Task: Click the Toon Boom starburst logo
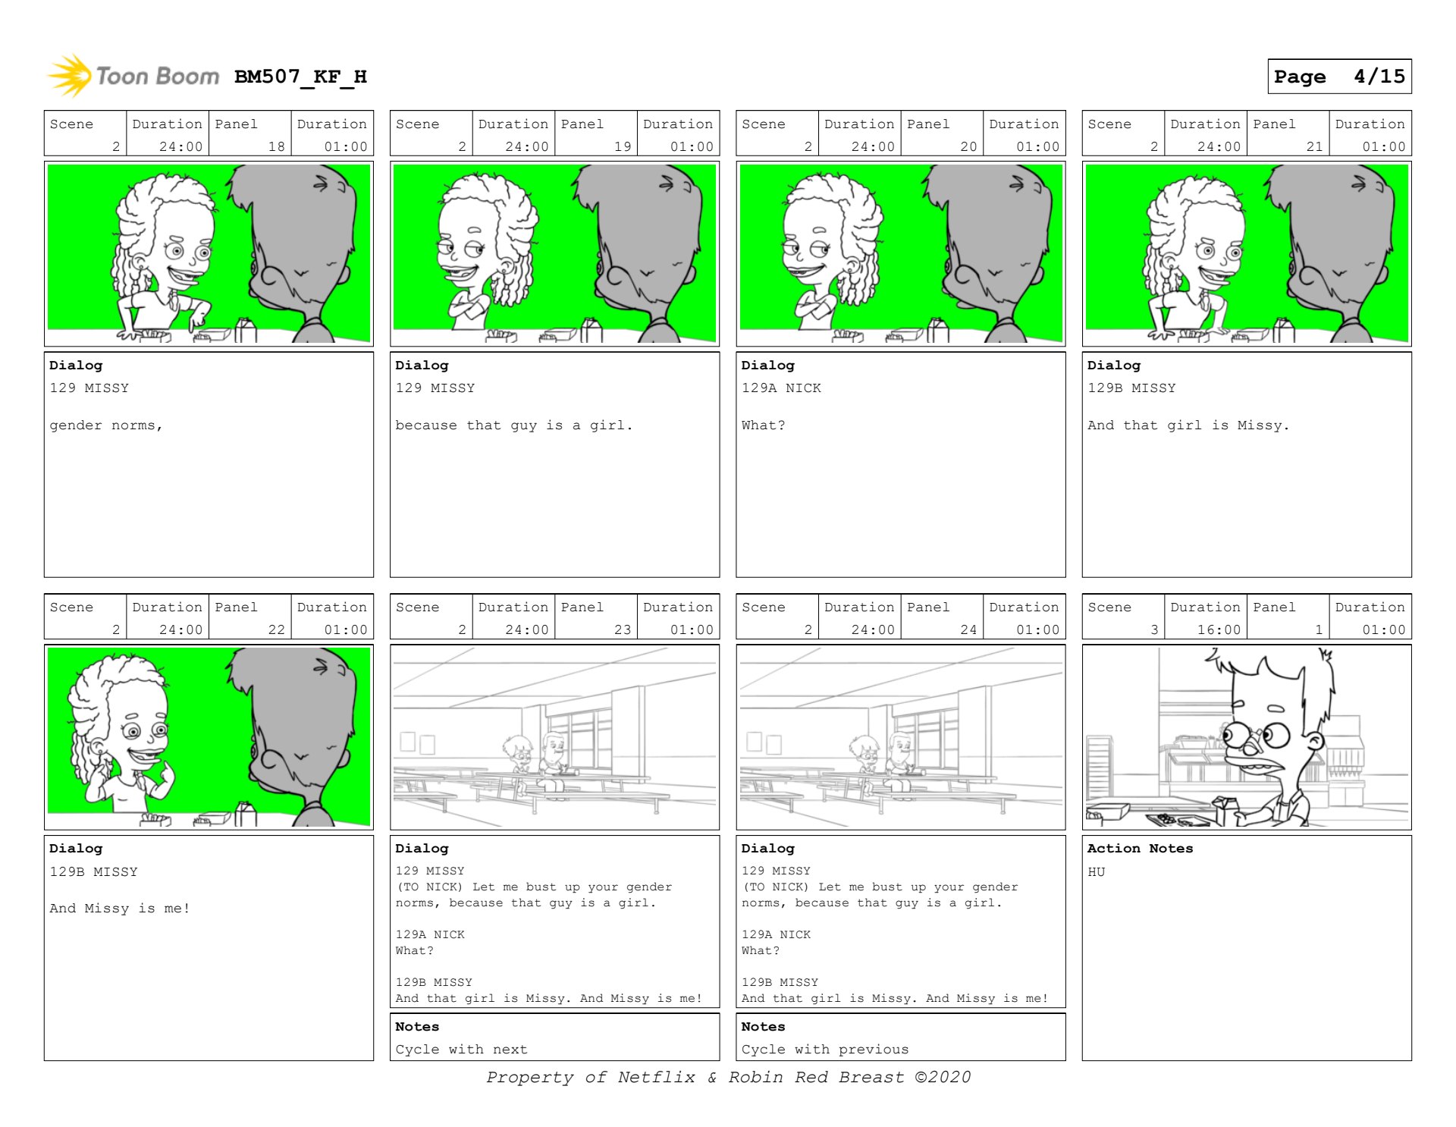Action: [70, 76]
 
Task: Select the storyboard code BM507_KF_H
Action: [300, 77]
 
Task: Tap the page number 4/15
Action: [1379, 77]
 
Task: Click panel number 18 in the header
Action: [277, 146]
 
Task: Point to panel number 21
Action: [1314, 146]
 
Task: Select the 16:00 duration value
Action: [1219, 629]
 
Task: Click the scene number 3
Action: [1154, 629]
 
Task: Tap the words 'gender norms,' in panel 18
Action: [106, 425]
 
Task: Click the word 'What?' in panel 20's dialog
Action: [763, 425]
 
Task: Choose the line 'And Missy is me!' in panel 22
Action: [120, 909]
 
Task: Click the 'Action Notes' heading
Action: [1140, 849]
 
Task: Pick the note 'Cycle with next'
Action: [461, 1050]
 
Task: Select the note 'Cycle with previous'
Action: [825, 1050]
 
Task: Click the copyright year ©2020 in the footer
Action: [943, 1077]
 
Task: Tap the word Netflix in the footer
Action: [656, 1077]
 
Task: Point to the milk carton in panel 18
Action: [246, 331]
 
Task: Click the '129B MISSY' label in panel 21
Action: [1131, 388]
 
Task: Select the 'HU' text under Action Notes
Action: [1097, 872]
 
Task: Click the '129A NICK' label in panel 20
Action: [781, 388]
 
